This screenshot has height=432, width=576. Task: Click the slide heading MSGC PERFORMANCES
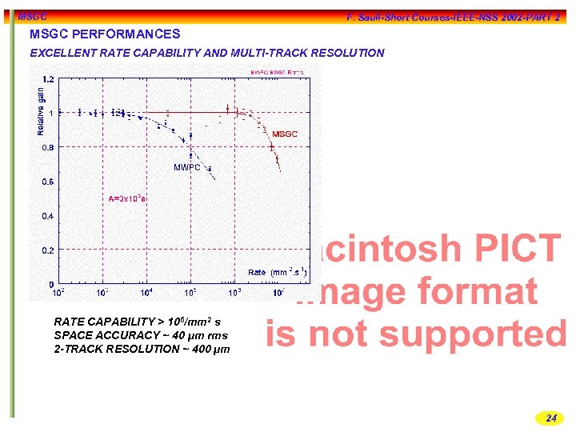pos(105,34)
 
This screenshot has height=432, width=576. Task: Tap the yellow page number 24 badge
pos(550,418)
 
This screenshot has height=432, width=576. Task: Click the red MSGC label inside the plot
pos(284,134)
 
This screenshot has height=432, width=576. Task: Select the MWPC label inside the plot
pos(187,167)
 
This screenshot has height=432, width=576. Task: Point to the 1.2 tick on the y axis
pos(48,79)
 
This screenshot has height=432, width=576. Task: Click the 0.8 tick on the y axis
pos(48,147)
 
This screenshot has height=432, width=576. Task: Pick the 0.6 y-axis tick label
pos(48,182)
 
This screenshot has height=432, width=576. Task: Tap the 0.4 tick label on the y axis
pos(48,216)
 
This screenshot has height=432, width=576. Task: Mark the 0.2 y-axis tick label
pos(48,250)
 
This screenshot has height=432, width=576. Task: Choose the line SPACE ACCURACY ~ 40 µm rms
pos(140,335)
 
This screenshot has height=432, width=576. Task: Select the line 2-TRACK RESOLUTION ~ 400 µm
pos(142,350)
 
